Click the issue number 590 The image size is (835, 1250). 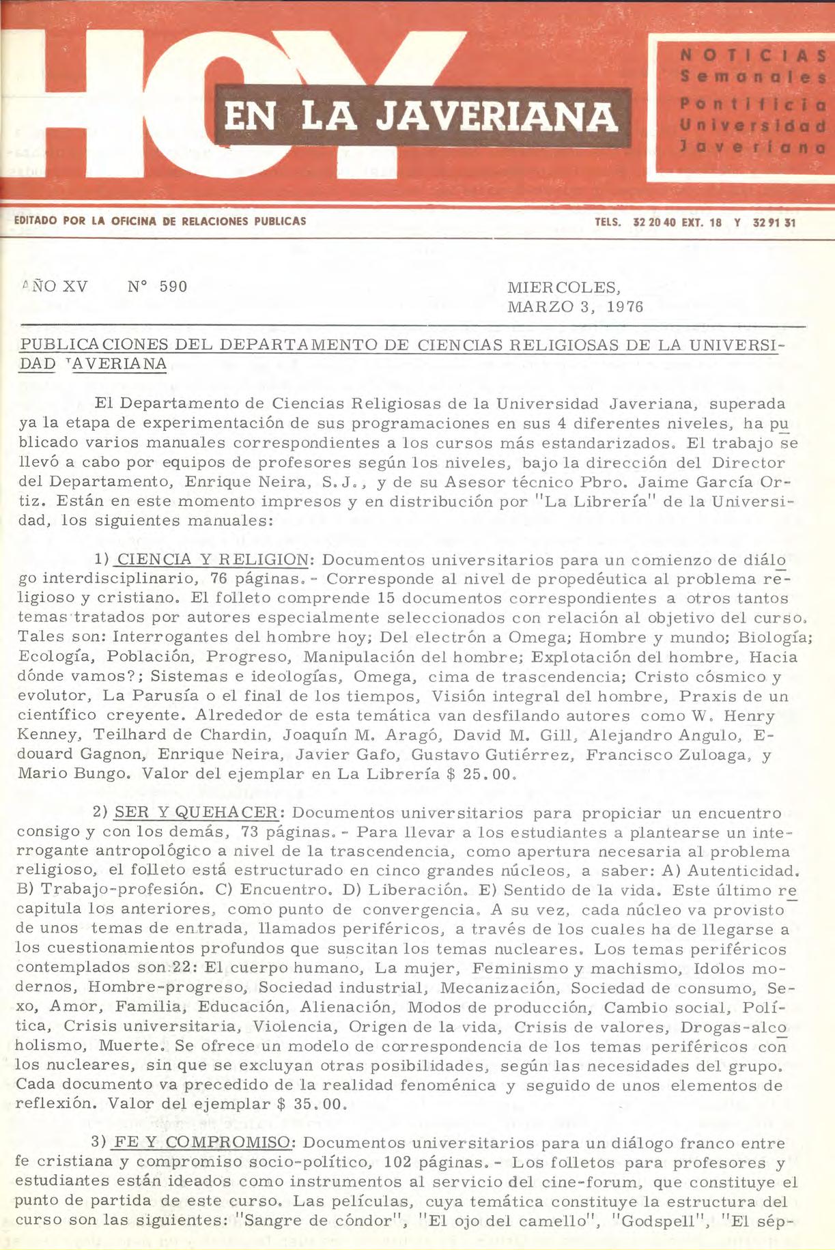(x=173, y=287)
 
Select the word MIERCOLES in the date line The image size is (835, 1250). (x=564, y=287)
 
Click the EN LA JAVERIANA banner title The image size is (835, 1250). (x=421, y=116)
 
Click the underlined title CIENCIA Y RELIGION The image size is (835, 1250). (x=212, y=560)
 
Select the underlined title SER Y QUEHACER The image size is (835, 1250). (x=195, y=813)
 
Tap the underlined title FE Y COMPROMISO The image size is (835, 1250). (x=203, y=1143)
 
